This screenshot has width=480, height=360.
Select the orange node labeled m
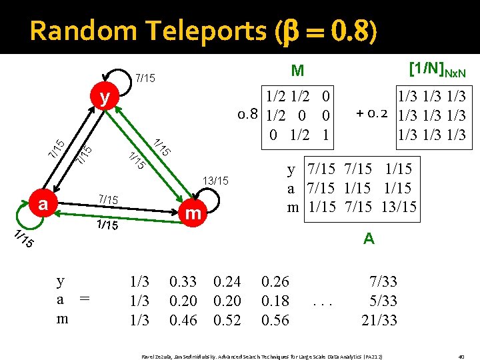(x=193, y=214)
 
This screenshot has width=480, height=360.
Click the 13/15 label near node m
(x=216, y=181)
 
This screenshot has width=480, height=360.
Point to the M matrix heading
(x=297, y=71)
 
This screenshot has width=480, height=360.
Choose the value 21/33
(x=379, y=320)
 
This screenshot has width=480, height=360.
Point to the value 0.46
(x=183, y=320)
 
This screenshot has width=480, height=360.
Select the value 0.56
(x=275, y=320)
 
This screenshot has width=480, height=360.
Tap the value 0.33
(x=183, y=283)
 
